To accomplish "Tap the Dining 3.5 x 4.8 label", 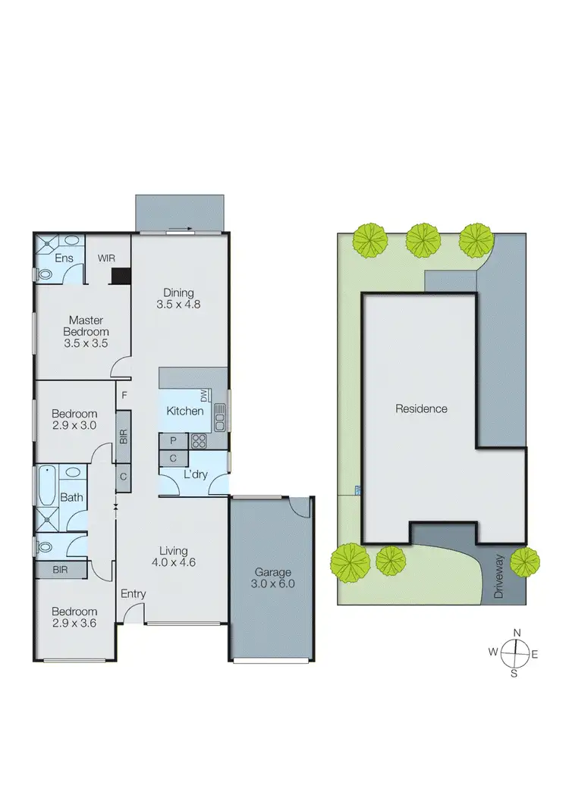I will [x=180, y=299].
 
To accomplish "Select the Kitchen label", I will [x=185, y=411].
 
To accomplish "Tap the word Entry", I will [x=134, y=594].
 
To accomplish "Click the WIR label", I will [x=106, y=258].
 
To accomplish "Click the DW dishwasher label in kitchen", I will [x=204, y=396].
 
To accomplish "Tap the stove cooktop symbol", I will [x=199, y=440].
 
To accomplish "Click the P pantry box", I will [x=173, y=440].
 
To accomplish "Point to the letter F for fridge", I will [x=124, y=395].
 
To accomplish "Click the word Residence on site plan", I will [x=421, y=408].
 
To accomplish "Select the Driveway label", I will [x=498, y=577].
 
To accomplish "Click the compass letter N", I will [x=517, y=634].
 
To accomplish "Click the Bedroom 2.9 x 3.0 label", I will [x=74, y=419].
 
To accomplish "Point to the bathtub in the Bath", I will [x=47, y=486].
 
